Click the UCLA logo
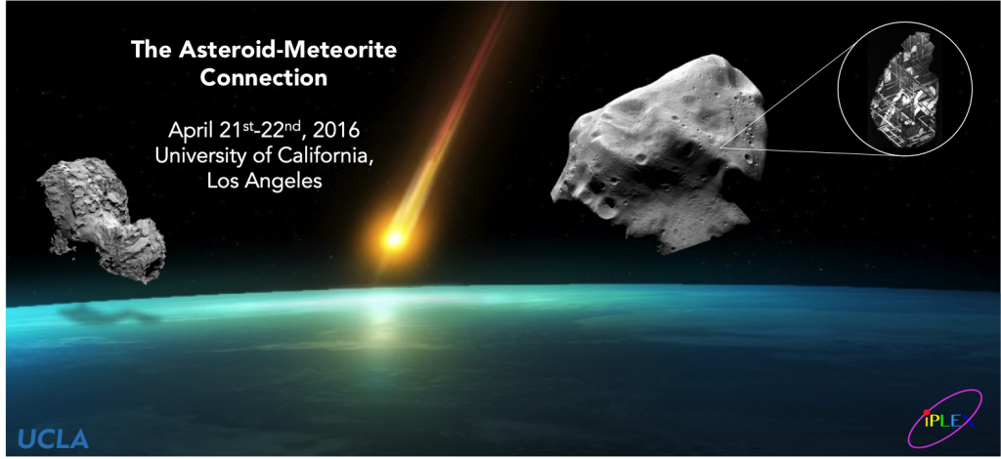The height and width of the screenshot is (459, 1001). click(x=53, y=438)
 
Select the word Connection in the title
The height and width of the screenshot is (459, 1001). click(x=264, y=78)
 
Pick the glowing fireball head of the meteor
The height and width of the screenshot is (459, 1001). click(x=394, y=238)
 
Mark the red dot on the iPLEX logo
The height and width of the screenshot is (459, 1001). click(x=927, y=412)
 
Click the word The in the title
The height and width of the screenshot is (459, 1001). click(x=145, y=49)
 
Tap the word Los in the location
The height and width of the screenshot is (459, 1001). click(x=224, y=182)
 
